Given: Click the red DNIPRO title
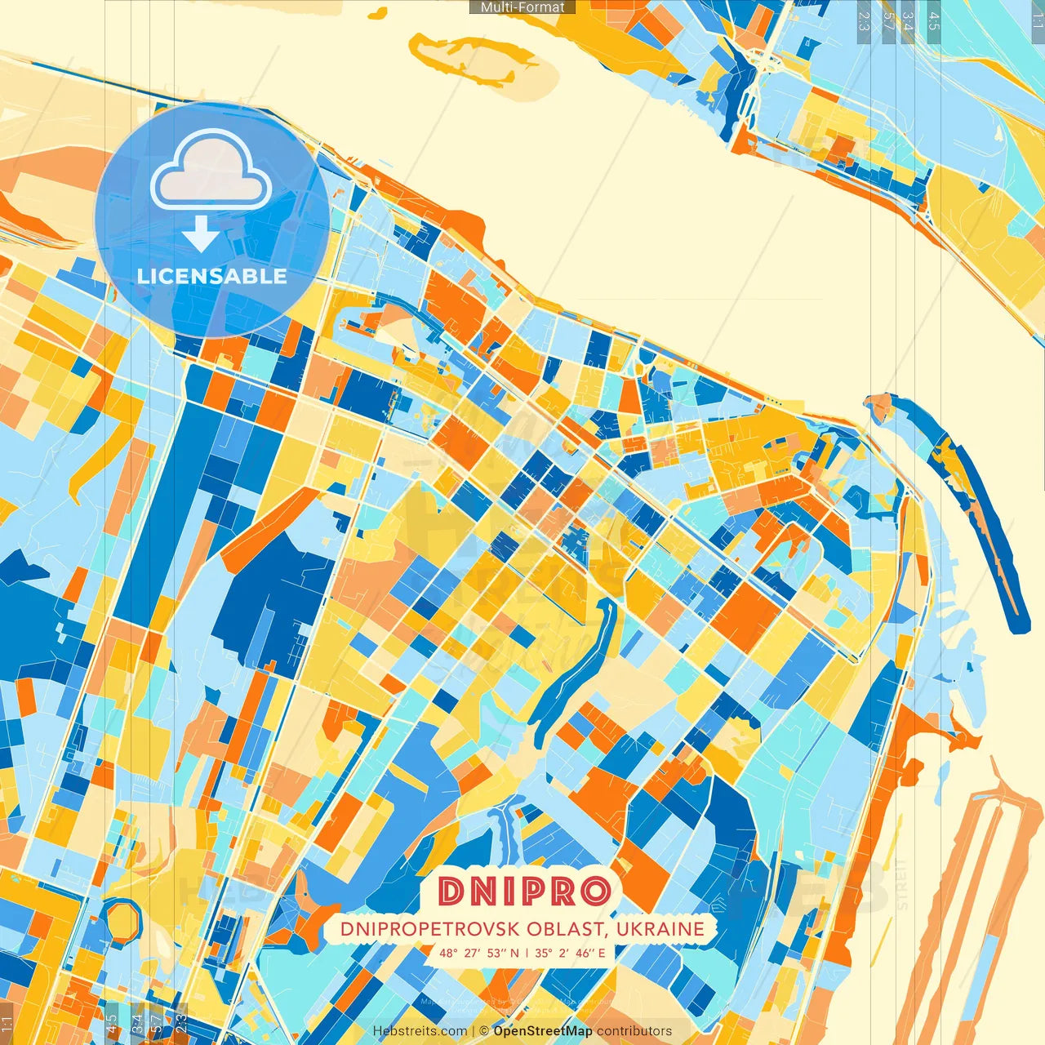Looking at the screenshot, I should click(x=524, y=892).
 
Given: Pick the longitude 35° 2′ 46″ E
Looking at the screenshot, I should click(x=570, y=953).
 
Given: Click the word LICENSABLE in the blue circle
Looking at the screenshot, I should click(x=211, y=276).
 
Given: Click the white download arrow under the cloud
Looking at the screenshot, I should click(x=201, y=233).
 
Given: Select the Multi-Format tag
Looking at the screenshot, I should click(x=522, y=7).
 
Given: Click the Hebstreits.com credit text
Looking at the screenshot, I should click(x=420, y=1031).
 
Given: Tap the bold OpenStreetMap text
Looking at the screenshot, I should click(x=543, y=1031).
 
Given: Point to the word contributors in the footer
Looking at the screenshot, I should click(x=634, y=1031).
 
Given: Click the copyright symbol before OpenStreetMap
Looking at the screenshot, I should click(x=484, y=1031).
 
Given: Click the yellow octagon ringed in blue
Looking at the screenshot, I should click(x=122, y=918).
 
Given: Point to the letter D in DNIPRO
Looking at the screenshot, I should click(x=451, y=892).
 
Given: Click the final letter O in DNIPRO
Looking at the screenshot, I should click(x=596, y=892).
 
